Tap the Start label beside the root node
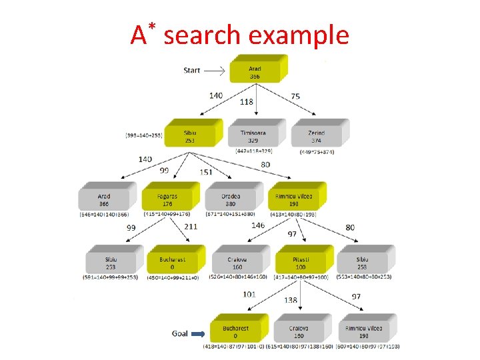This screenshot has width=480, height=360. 191,70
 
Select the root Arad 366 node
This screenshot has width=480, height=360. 255,72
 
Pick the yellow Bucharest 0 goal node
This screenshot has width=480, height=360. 236,331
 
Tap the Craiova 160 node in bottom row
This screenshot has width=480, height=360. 299,331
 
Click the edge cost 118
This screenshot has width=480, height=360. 247,102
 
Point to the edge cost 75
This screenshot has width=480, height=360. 295,96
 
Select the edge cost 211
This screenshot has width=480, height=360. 191,227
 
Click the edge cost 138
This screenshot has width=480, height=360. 291,301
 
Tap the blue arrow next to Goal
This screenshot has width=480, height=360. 199,333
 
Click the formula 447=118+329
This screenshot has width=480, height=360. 254,151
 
